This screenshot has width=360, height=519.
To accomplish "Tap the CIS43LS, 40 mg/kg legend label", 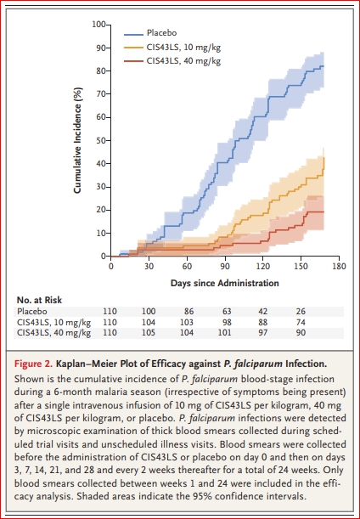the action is [183, 61].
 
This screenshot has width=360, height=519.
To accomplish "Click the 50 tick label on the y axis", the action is [101, 141].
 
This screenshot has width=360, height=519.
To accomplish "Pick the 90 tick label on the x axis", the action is [225, 267].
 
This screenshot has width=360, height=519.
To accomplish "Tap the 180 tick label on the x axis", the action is [339, 267].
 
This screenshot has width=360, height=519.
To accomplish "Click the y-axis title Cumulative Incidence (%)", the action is [77, 140].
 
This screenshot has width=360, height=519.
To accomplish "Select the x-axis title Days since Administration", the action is [225, 284].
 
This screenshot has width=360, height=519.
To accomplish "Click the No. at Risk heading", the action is [39, 300].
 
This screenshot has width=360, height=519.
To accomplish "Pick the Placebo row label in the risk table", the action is [32, 312].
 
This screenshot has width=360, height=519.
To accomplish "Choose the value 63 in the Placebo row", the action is [227, 312].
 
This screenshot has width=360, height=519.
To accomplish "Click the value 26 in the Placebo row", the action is [301, 312].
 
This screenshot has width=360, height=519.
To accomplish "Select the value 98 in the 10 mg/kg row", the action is [227, 323].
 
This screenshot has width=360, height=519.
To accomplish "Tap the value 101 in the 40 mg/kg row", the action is [225, 333].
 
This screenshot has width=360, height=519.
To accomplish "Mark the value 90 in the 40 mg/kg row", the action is [301, 333].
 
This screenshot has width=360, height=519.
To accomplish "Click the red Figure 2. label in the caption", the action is [33, 364].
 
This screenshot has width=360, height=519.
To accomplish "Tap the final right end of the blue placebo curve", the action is [323, 66].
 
